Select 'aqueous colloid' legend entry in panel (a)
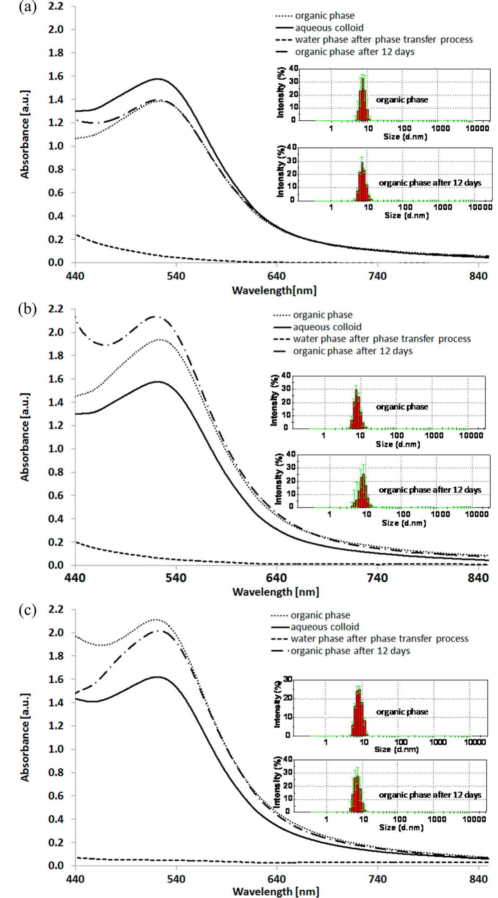click(329, 28)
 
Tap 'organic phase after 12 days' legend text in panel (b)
click(352, 351)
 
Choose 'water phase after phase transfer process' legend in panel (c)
click(379, 639)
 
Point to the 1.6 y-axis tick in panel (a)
click(56, 76)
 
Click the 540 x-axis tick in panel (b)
click(176, 578)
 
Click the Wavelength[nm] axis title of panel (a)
click(274, 290)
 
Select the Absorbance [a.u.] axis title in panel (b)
click(24, 437)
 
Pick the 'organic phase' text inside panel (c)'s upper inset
click(402, 712)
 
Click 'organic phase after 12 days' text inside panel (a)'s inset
click(430, 183)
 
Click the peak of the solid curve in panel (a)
click(158, 79)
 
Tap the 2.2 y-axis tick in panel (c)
click(56, 609)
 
